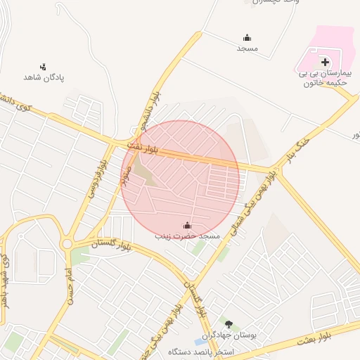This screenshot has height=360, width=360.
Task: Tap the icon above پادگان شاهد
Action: click(x=44, y=67)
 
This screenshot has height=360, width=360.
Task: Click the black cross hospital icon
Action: click(x=325, y=63)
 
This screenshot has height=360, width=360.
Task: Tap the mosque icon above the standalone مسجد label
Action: click(x=247, y=38)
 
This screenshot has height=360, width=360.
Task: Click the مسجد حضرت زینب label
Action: click(x=188, y=236)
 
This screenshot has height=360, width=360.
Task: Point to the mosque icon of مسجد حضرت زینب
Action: click(x=188, y=226)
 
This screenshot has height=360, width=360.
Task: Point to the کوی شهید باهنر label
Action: click(x=5, y=281)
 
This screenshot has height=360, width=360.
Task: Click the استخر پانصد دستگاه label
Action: click(x=201, y=351)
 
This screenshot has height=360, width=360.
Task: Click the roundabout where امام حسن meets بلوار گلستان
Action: click(x=68, y=245)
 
